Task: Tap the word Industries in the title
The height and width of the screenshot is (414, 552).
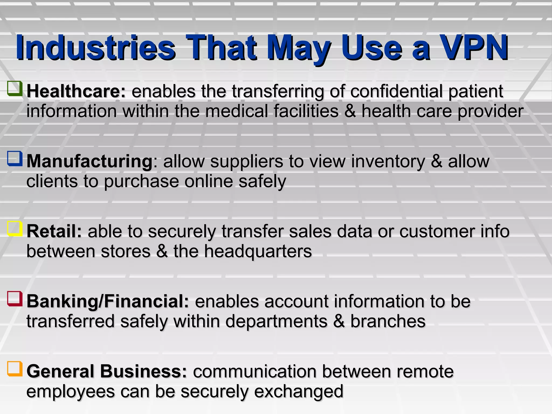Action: pos(96,48)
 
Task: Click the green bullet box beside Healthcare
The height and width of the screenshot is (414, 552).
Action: pos(15,89)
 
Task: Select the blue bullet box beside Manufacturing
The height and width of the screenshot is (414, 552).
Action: pos(15,158)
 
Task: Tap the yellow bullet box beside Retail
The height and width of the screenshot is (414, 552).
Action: pos(15,229)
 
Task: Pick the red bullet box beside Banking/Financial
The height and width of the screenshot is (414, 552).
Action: pos(15,299)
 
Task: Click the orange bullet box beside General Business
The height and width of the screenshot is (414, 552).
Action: pos(15,369)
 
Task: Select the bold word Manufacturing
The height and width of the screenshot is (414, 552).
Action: pos(90,161)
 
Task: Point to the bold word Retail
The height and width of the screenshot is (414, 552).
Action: pos(54,231)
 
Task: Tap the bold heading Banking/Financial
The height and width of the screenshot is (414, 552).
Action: pos(108,301)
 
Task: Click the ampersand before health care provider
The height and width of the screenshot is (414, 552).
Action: pos(350,111)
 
